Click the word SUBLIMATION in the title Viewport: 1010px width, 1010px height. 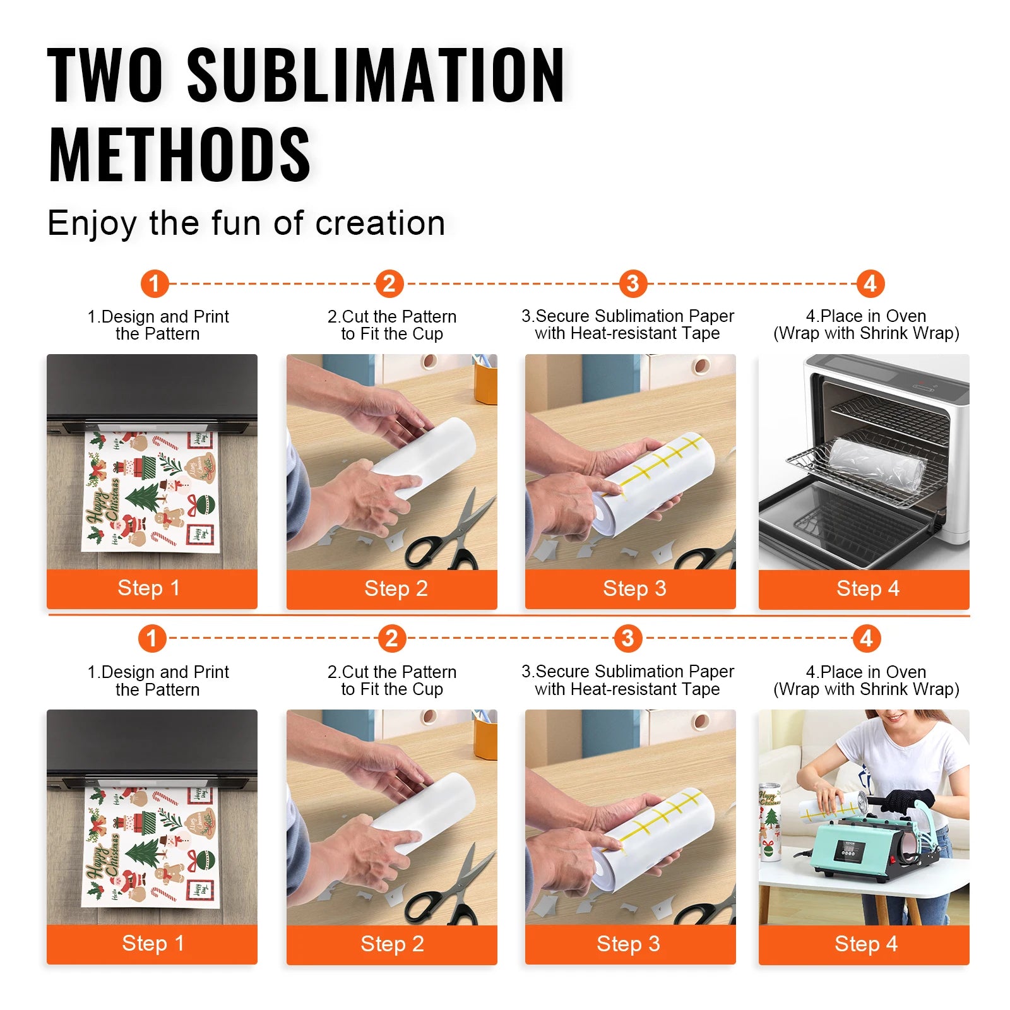point(376,76)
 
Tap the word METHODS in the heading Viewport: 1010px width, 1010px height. point(179,155)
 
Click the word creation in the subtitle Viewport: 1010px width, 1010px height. point(380,223)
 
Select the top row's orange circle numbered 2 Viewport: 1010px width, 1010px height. point(389,283)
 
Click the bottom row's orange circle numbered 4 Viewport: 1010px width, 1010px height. point(866,638)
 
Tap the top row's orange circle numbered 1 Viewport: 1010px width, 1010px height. point(155,283)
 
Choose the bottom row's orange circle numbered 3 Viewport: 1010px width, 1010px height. point(627,638)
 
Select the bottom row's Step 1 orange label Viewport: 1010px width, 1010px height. point(152,944)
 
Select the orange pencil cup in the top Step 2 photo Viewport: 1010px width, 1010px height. point(485,382)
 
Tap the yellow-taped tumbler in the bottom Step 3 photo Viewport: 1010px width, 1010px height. point(656,833)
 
